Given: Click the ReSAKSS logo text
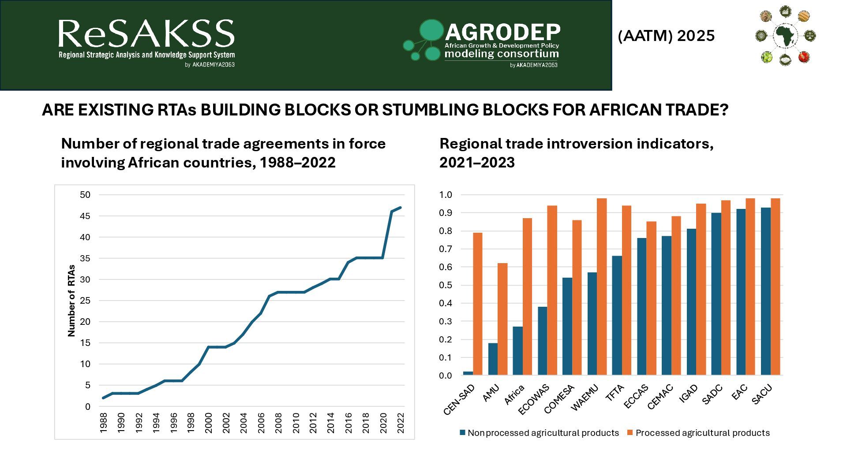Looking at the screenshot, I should coord(146,34).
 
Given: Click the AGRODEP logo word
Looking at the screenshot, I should coord(502,32).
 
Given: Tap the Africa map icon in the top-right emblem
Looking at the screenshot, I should coord(785,35).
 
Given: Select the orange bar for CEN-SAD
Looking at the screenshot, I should coord(477,304).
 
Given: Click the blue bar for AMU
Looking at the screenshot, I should coord(493,359).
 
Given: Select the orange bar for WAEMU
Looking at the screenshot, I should coord(602,286).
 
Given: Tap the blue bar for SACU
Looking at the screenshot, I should coord(766,291).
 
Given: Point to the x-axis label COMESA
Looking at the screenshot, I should coord(559,399).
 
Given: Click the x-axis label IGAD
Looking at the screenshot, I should coord(689,393).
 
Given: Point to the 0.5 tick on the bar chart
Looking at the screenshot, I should coord(446,285).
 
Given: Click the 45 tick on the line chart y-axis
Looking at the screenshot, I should coord(85,216).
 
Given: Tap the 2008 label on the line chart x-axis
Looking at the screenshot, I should coord(278,423).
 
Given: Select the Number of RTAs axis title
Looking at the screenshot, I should coord(71,301).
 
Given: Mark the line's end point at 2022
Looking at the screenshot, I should coord(400,207).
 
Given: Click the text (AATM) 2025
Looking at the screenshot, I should coord(666,36).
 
